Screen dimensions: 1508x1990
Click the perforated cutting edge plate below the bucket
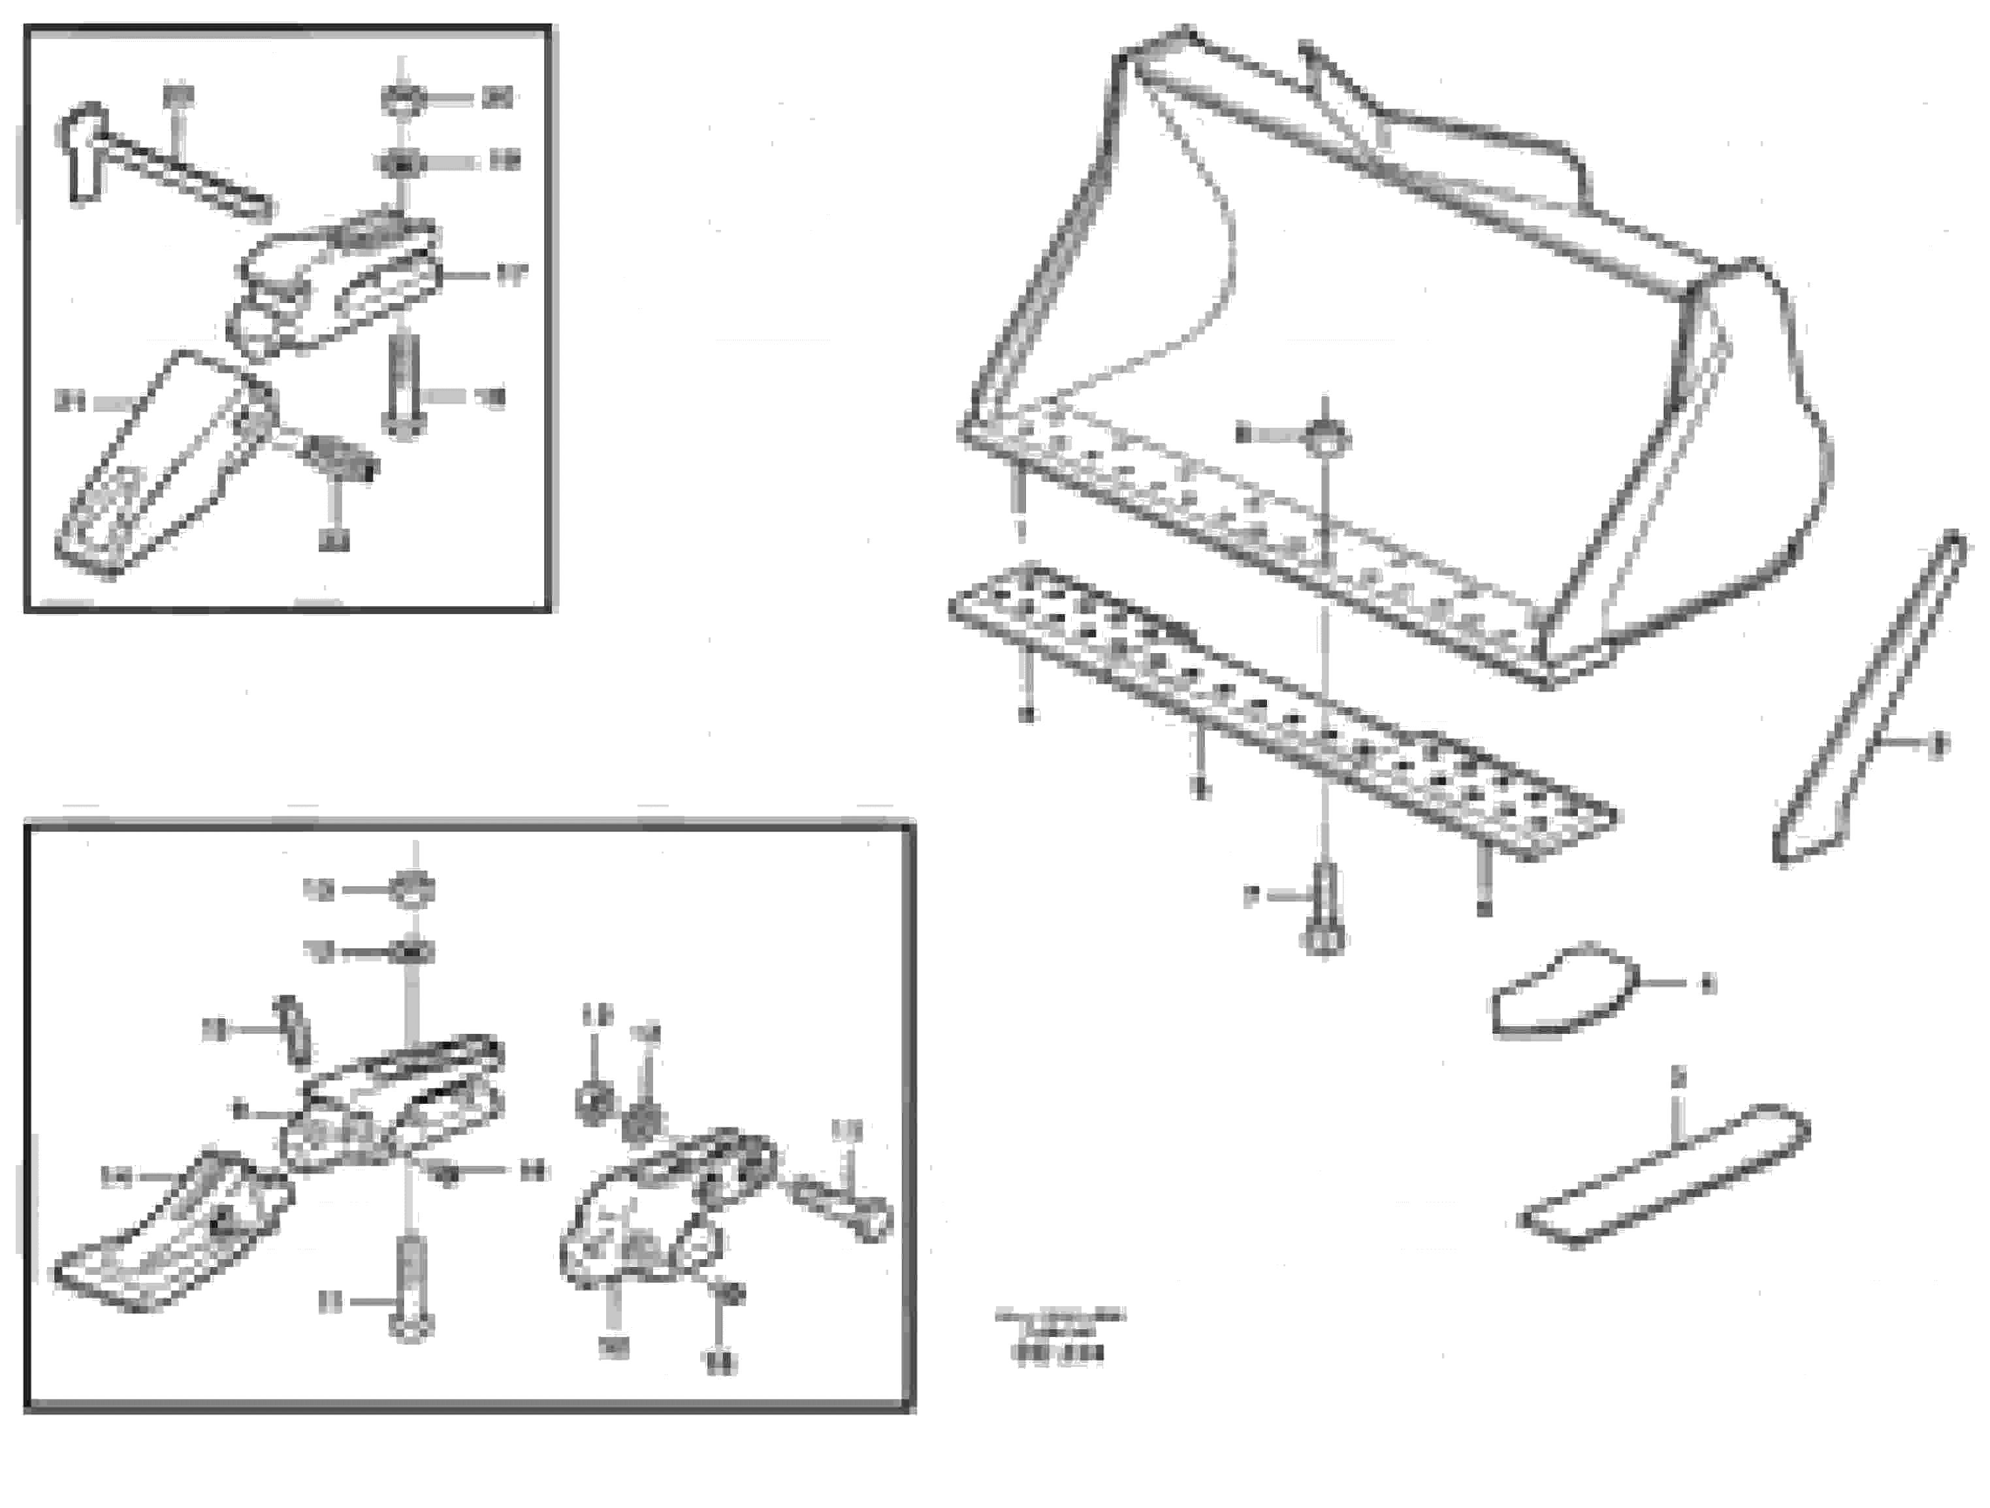coord(1277,711)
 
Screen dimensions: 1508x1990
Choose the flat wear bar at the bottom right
coord(1664,1179)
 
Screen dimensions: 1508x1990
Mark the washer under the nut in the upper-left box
coord(400,163)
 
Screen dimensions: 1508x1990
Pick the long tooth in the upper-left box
coord(153,468)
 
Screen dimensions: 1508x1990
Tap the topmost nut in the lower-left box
coord(412,890)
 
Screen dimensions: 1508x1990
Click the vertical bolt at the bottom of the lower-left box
coord(411,1287)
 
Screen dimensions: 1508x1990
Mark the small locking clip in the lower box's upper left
coord(295,1030)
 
